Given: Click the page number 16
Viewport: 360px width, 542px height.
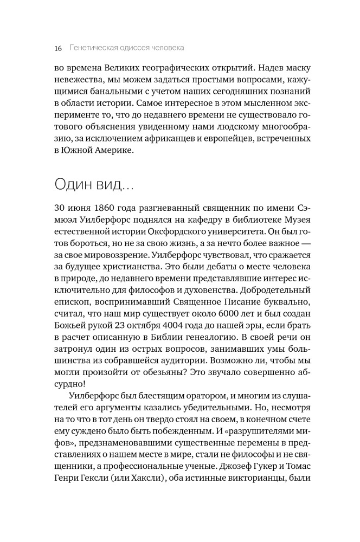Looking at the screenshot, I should pos(58,48).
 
